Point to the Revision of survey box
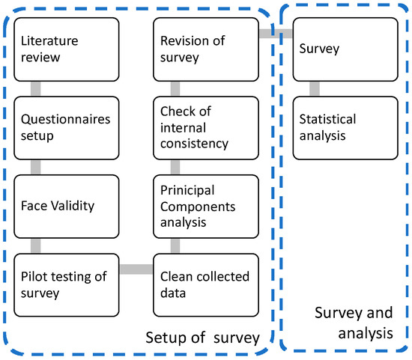[206, 49]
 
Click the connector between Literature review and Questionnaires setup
[34, 88]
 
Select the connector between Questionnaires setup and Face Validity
[34, 166]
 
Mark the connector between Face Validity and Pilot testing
[34, 245]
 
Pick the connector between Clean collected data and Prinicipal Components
[174, 245]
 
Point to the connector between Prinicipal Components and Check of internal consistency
[174, 166]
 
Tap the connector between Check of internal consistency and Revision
[174, 88]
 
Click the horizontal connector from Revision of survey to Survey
[276, 33]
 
